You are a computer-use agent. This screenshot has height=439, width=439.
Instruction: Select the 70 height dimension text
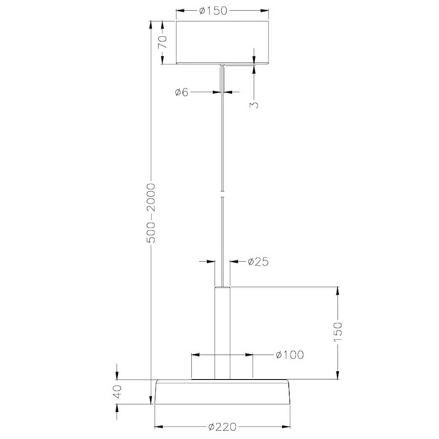coord(163,42)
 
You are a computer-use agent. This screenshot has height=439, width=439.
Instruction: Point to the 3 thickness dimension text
coord(254,105)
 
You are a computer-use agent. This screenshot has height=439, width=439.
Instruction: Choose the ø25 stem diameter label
coord(259,261)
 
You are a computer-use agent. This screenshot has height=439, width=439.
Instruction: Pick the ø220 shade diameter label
coord(223,427)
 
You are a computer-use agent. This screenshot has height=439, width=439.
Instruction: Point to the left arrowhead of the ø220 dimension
coord(159,427)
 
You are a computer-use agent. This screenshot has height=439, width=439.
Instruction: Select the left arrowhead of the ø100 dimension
coord(195,355)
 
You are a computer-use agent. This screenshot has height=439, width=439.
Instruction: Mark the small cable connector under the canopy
coord(222,68)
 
